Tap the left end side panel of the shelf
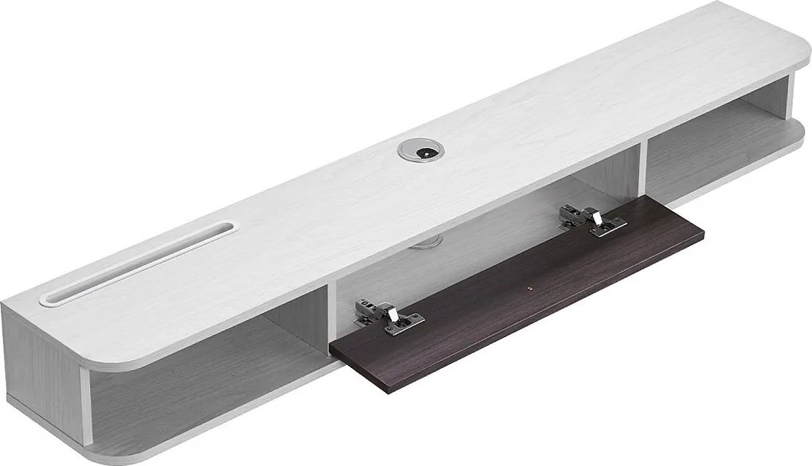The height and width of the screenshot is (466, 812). click(40, 374)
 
